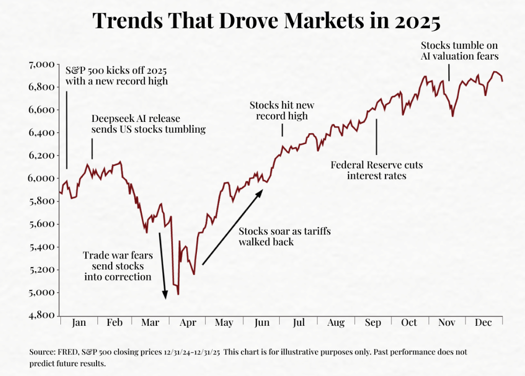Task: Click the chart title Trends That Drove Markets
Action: pyautogui.click(x=266, y=21)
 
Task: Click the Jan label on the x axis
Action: pyautogui.click(x=78, y=323)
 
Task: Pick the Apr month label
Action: pyautogui.click(x=188, y=323)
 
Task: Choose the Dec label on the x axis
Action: pyautogui.click(x=484, y=323)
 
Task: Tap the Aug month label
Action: pyautogui.click(x=336, y=323)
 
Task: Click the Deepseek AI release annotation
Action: pyautogui.click(x=148, y=124)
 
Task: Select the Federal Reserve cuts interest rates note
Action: pyautogui.click(x=376, y=170)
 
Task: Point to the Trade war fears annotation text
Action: pyautogui.click(x=117, y=266)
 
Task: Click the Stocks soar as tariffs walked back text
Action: pyautogui.click(x=285, y=236)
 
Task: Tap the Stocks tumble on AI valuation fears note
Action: pyautogui.click(x=460, y=51)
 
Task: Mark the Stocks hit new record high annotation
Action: pyautogui.click(x=282, y=111)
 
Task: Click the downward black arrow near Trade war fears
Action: pyautogui.click(x=162, y=266)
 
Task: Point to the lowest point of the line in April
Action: pyautogui.click(x=178, y=294)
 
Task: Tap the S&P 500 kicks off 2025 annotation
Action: pyautogui.click(x=117, y=75)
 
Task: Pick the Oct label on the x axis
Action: pyautogui.click(x=409, y=323)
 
